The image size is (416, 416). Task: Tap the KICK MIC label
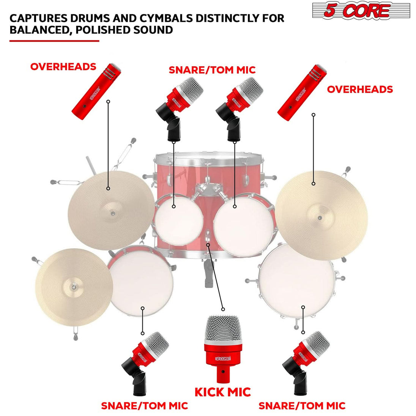(x=223, y=392)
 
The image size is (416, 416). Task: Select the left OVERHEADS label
(x=63, y=67)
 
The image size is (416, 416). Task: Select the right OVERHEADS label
(x=360, y=90)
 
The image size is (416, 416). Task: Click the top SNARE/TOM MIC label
(x=212, y=70)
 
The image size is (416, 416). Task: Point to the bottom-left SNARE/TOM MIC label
(x=144, y=406)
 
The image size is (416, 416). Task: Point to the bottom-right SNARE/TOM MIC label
(x=302, y=406)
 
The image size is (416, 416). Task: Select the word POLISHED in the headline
(x=102, y=30)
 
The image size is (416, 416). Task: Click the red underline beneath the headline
(x=54, y=41)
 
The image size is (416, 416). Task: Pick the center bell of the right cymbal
(x=320, y=218)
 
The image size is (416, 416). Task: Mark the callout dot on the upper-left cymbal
(x=108, y=188)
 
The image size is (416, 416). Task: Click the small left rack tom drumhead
(x=178, y=220)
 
